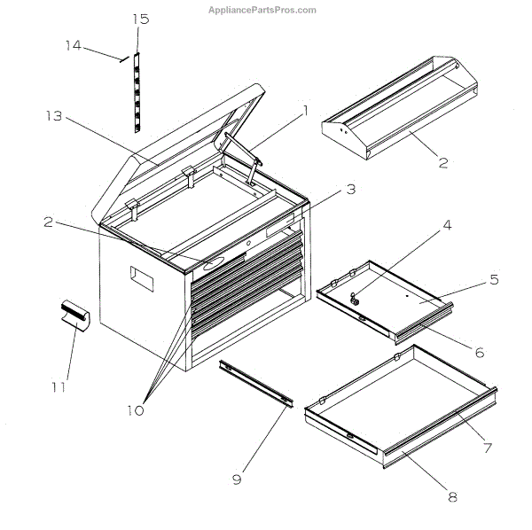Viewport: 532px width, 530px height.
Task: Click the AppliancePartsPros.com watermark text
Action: (262, 10)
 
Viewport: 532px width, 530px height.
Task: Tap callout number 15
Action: (141, 19)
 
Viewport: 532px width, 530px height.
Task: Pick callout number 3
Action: (351, 189)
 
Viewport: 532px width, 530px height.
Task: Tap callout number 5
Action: (494, 280)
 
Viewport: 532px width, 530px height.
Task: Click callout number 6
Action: (480, 352)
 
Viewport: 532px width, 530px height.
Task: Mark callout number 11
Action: (59, 386)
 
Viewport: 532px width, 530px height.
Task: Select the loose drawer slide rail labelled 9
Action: (256, 384)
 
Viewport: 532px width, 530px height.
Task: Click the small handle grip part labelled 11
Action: (74, 315)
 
